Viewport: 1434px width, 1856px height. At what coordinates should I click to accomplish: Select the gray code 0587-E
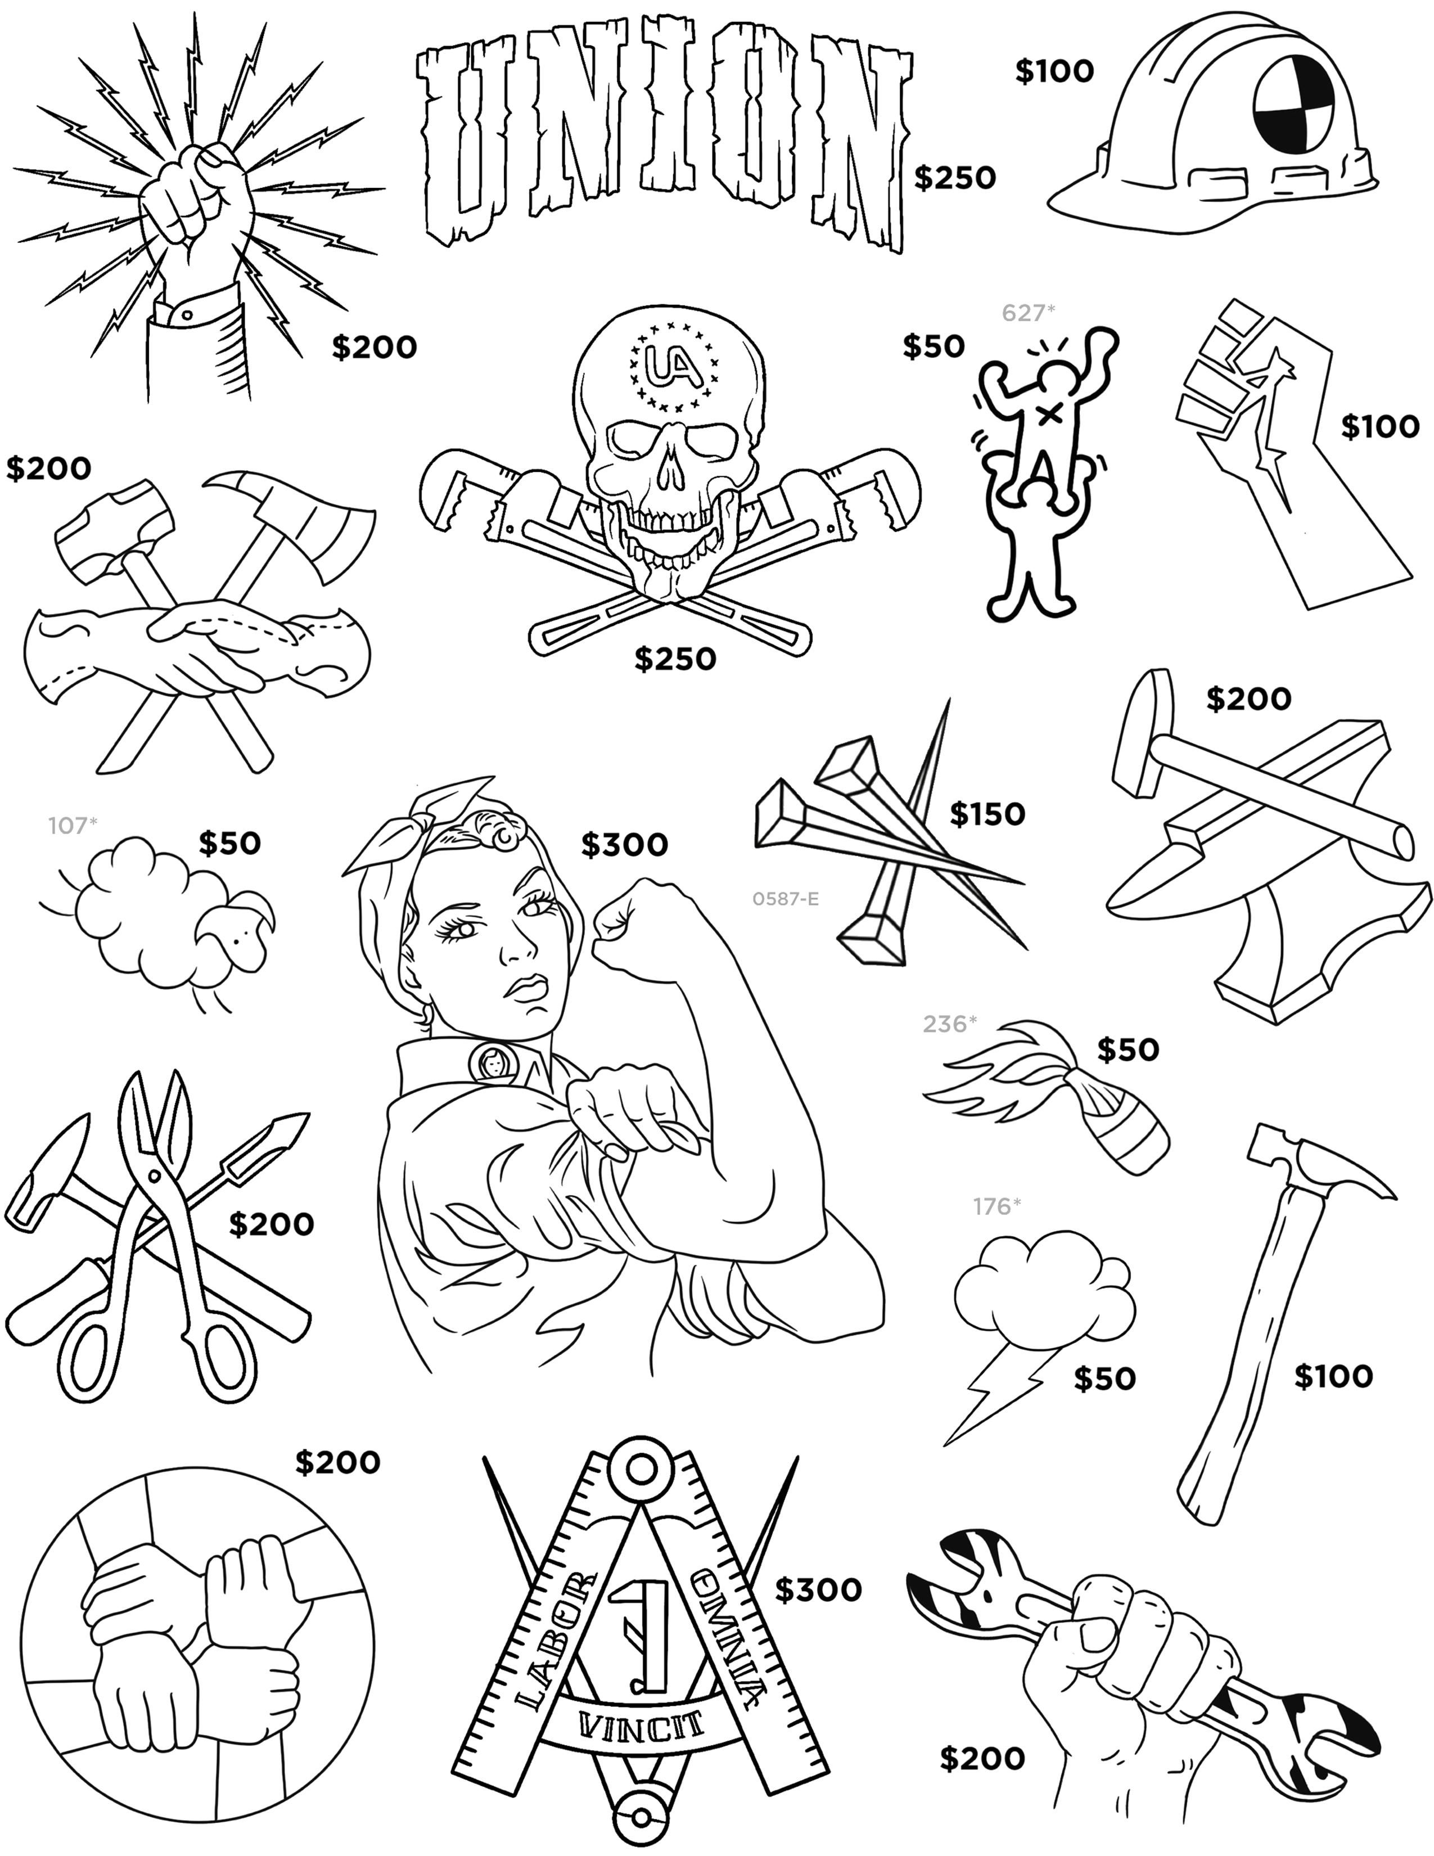(x=785, y=898)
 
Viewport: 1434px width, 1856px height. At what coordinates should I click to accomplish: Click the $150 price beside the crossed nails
(x=987, y=814)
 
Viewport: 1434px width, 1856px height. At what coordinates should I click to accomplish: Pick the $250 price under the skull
(x=675, y=659)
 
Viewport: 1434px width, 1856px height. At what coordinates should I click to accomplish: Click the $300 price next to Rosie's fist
(x=624, y=844)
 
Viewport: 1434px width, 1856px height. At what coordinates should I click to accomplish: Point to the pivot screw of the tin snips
(x=153, y=1175)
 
